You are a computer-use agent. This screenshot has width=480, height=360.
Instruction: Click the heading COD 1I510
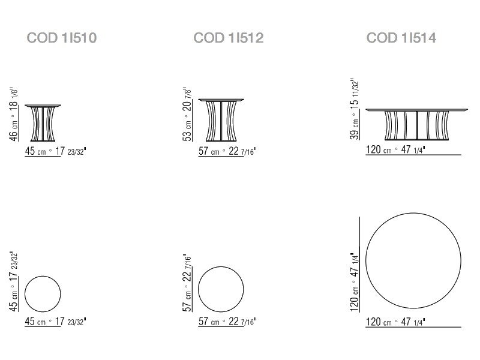(62, 38)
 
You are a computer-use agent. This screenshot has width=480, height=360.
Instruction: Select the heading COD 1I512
(229, 38)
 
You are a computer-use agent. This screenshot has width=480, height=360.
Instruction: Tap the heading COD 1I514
(401, 38)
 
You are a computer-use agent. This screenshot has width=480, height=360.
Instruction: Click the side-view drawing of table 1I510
(43, 123)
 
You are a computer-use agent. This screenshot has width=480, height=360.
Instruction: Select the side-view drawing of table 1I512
(221, 120)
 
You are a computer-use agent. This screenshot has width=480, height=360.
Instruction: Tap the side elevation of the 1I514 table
(416, 124)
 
